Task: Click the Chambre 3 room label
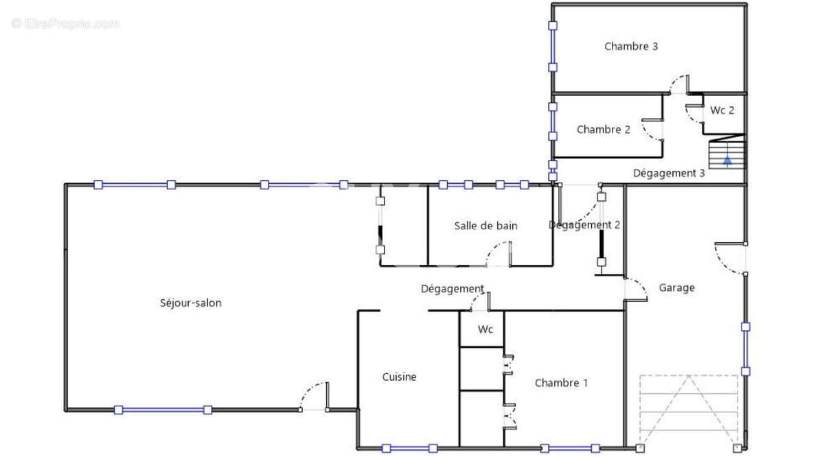point(631,47)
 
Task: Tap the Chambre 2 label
point(603,130)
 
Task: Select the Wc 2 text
point(722,110)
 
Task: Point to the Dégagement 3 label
point(668,173)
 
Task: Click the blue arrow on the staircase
point(726,161)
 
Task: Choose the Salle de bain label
point(485,226)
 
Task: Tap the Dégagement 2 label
point(584,225)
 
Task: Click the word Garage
point(676,288)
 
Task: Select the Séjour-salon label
point(190,303)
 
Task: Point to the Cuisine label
point(399,377)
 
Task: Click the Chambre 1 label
point(561,383)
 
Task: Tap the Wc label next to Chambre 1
point(485,329)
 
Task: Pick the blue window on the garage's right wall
point(745,349)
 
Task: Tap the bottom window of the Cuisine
point(409,448)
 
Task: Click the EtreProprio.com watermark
point(65,24)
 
